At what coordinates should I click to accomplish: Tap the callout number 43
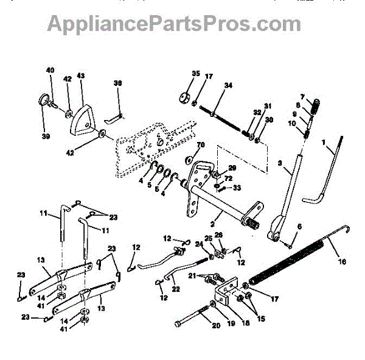(80, 77)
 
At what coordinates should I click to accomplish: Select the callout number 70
(201, 146)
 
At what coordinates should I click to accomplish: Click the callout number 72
(229, 178)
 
